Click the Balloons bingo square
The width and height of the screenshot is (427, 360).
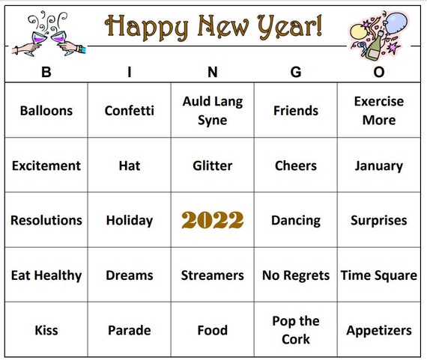46,111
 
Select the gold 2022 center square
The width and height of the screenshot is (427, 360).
212,220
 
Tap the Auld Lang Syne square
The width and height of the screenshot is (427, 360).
212,111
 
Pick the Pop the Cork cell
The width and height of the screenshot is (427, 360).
295,330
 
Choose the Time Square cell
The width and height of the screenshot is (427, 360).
378,275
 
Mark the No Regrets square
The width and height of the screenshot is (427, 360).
295,275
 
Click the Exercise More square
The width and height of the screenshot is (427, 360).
378,111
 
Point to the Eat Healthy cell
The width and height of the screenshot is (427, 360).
46,275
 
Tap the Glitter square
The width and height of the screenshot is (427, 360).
212,165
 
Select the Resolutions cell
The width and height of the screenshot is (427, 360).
46,220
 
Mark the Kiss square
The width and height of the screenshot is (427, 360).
46,330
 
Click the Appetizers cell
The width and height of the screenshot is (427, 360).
378,330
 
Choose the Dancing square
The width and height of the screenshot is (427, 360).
295,220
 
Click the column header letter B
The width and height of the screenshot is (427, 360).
46,73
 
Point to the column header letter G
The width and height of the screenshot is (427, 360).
295,73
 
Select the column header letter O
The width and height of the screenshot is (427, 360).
378,73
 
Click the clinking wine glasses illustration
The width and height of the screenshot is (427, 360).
49,34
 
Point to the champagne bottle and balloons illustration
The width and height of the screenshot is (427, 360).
378,34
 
